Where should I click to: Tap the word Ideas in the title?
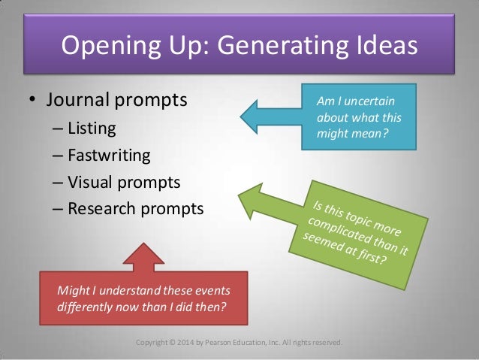tap(380, 47)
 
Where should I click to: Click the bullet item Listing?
tap(92, 129)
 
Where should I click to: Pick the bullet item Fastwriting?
tap(109, 156)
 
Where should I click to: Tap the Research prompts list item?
tap(135, 208)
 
